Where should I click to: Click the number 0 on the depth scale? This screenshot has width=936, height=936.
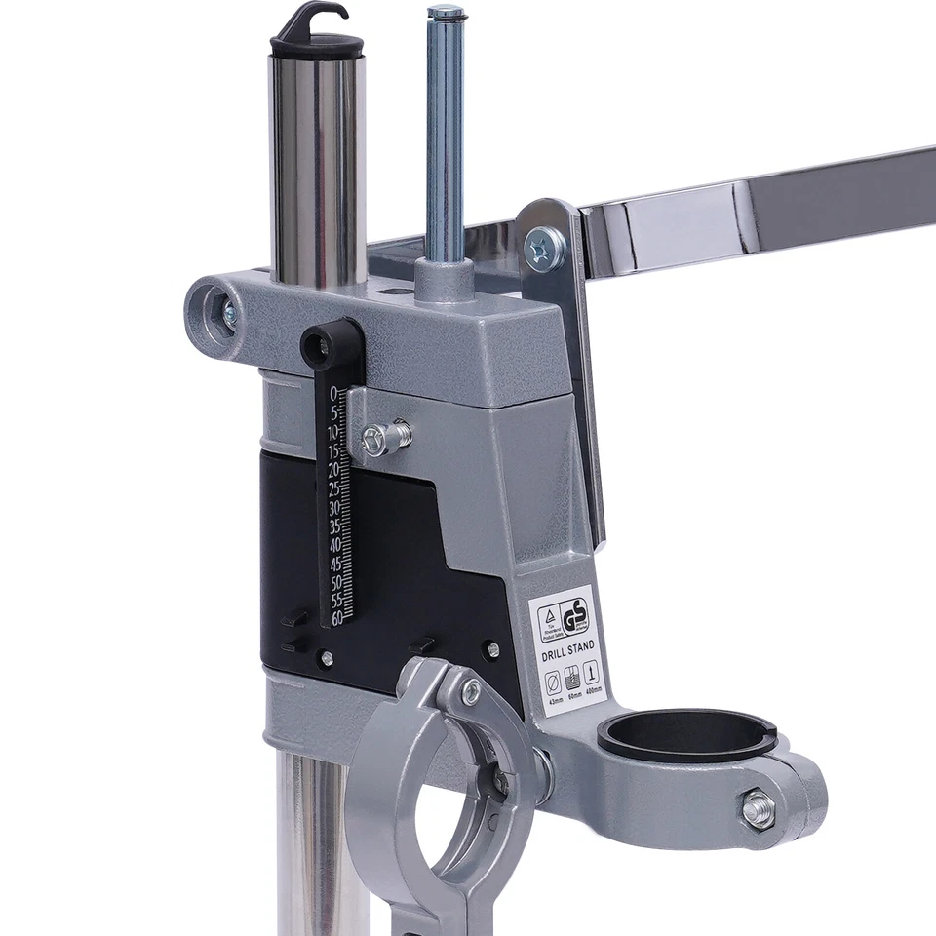(334, 393)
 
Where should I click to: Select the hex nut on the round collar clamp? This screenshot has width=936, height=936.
(758, 808)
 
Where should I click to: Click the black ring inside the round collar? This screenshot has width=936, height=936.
(686, 732)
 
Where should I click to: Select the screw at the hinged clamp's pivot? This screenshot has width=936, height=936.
(471, 692)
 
